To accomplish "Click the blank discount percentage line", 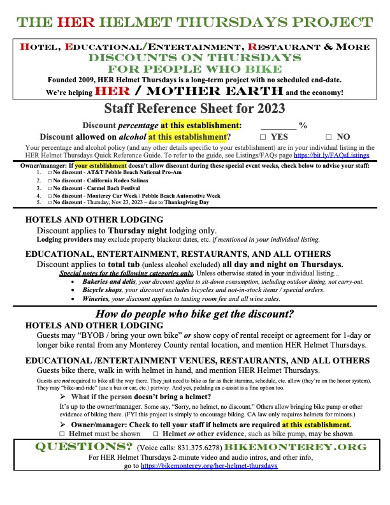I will pyautogui.click(x=278, y=125).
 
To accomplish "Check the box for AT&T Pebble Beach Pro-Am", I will pyautogui.click(x=50, y=173).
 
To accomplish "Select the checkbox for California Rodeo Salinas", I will pyautogui.click(x=50, y=180).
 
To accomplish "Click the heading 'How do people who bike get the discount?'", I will pyautogui.click(x=194, y=314).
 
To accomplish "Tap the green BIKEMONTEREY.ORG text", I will pyautogui.click(x=308, y=446).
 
